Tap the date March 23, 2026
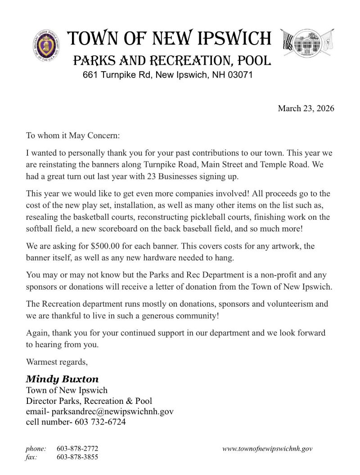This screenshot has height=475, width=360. [x=306, y=109]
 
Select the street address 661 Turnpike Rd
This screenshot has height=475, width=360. [x=116, y=75]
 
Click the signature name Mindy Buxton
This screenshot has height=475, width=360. [x=62, y=379]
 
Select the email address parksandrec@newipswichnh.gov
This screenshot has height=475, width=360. [x=112, y=411]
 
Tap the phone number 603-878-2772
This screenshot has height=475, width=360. [x=77, y=449]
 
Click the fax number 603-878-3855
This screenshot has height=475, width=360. [x=77, y=457]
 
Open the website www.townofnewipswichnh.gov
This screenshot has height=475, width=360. [x=267, y=449]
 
